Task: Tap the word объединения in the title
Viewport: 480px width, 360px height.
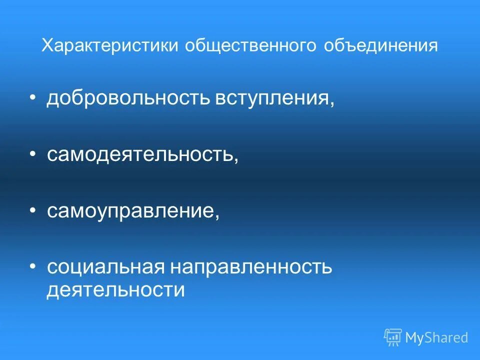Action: (381, 46)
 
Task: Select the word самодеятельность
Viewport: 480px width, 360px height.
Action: (140, 154)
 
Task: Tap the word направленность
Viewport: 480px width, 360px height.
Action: (251, 267)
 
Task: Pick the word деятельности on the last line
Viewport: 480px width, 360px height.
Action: (115, 290)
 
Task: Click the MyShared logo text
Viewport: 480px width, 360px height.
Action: (436, 337)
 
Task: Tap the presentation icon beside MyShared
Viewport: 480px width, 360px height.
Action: (393, 337)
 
